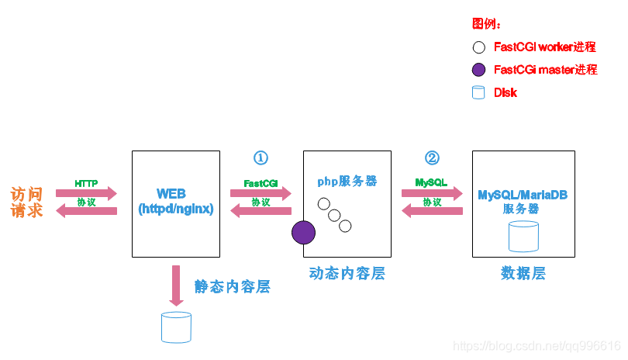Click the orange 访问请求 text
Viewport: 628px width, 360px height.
(x=26, y=202)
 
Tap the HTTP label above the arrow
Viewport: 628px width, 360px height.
(x=86, y=183)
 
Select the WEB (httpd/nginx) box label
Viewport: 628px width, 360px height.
(x=175, y=201)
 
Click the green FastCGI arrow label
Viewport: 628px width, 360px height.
(x=261, y=184)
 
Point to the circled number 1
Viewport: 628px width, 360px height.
(x=261, y=157)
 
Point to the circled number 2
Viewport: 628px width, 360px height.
(x=432, y=157)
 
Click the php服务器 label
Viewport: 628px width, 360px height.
(x=347, y=181)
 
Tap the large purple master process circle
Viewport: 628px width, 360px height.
(x=303, y=232)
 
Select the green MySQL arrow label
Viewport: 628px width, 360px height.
(x=431, y=183)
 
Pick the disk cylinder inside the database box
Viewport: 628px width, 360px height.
(x=523, y=236)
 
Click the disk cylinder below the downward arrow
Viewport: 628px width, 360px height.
(x=176, y=327)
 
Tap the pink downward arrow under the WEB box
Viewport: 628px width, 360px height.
(x=176, y=285)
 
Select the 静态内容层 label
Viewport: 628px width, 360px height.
(x=233, y=286)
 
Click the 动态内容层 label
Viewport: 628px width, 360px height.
(x=347, y=273)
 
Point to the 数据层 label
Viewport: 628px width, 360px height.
(x=523, y=273)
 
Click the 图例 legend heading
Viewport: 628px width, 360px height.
(x=486, y=24)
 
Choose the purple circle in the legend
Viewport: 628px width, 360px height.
(x=478, y=70)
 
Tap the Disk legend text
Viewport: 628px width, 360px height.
(x=506, y=92)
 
